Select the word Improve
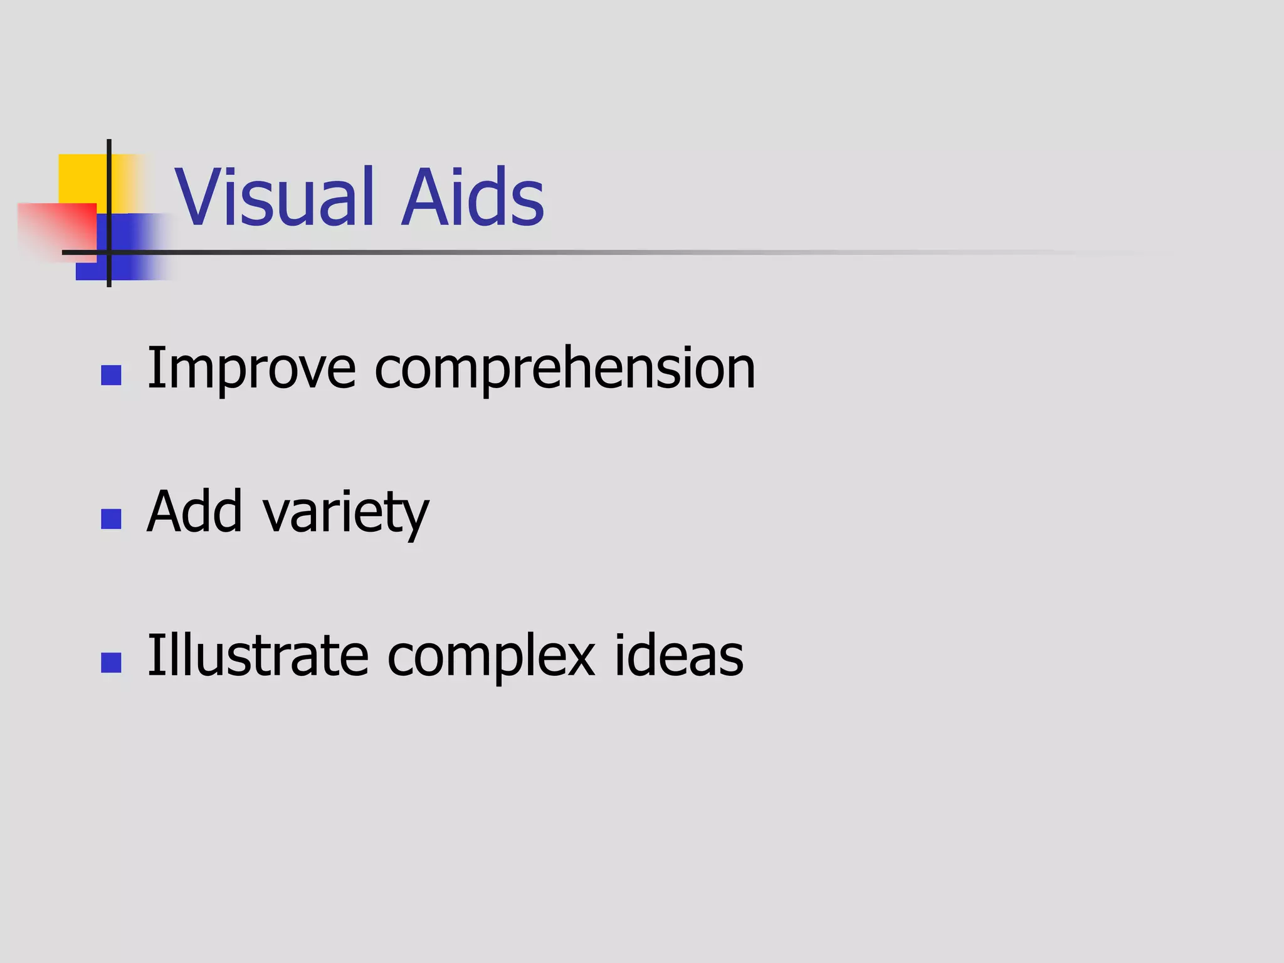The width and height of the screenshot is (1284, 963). [251, 369]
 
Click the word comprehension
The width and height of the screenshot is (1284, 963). [565, 369]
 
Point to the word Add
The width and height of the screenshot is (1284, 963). [194, 512]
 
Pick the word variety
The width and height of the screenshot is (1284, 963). [346, 513]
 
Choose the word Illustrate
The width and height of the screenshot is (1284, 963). [258, 656]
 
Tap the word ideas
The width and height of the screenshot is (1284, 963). [679, 656]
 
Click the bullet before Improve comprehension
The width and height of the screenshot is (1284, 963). [111, 376]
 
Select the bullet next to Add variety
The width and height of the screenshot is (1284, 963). [111, 519]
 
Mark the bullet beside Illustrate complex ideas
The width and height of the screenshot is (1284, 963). [111, 663]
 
